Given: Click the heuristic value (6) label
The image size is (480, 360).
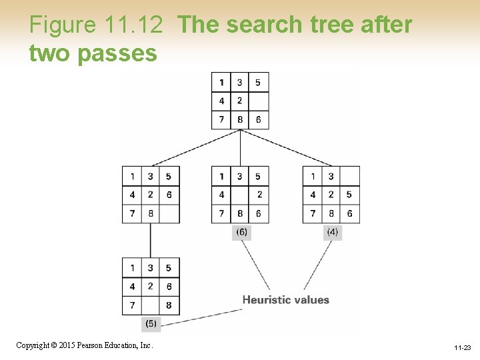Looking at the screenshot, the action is click(241, 232).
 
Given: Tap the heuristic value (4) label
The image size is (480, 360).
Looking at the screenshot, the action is click(332, 232).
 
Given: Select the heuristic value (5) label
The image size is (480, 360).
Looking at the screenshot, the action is click(151, 324).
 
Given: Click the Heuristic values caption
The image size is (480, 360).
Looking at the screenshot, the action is click(285, 300).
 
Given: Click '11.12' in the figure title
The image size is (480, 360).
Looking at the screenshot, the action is click(133, 25).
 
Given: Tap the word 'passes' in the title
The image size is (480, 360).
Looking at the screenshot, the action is click(117, 53).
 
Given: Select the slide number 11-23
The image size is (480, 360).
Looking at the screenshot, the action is click(462, 348).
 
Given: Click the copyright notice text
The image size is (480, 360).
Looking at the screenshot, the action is click(85, 345).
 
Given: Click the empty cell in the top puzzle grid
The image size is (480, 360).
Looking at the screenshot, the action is click(259, 101).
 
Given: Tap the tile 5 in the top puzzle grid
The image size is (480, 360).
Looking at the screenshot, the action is click(258, 83).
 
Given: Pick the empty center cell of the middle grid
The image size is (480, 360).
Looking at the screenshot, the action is click(240, 195).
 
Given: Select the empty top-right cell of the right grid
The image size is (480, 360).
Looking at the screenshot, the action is click(349, 177).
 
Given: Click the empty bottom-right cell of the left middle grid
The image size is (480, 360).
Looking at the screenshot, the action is click(169, 213).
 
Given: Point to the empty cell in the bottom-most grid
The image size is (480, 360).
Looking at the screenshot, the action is click(151, 305).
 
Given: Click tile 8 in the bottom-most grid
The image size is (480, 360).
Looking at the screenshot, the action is click(169, 305).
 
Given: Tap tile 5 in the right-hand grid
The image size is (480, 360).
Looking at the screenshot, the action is click(349, 195).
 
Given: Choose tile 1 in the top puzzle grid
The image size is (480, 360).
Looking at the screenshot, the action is click(222, 83).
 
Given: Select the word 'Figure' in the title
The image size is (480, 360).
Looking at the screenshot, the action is click(63, 25).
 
